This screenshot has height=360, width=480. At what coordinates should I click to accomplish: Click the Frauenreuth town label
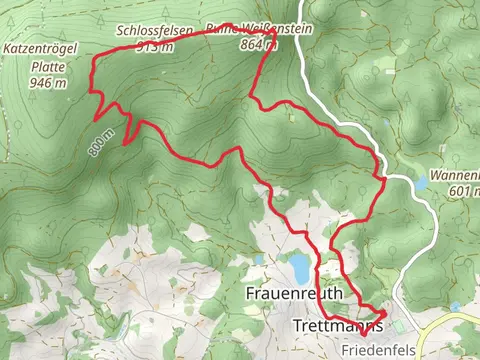click(294, 293)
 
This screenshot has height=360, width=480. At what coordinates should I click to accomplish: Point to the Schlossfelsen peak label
click(154, 31)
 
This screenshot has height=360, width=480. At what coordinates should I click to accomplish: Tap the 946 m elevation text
click(48, 83)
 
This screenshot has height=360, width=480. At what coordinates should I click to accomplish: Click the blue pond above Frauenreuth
click(298, 267)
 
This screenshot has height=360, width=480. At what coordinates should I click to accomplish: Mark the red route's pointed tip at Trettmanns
click(386, 314)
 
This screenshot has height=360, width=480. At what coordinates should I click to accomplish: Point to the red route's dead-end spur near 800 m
click(124, 144)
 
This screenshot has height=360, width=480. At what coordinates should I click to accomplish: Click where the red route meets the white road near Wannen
click(383, 177)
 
